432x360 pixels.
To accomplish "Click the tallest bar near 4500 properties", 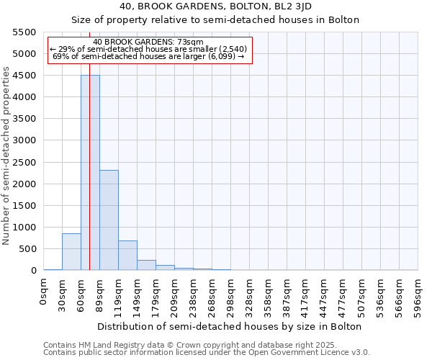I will tap(90, 173).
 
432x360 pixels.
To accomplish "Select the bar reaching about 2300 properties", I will tap(109, 220).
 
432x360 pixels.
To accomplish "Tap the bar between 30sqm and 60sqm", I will tap(71, 252).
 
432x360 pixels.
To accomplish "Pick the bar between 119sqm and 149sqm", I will tap(127, 256).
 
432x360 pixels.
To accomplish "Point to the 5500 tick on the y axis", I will tap(26, 32).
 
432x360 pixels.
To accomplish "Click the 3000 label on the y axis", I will tap(26, 140).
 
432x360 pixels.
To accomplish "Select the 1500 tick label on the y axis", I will tap(26, 206).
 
